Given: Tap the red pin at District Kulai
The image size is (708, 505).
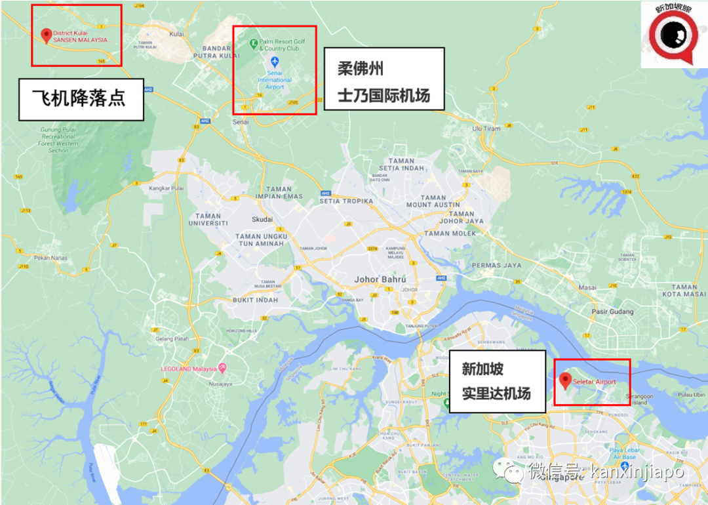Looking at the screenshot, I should (x=46, y=35).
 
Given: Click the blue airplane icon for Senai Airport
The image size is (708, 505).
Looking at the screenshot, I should (x=275, y=61).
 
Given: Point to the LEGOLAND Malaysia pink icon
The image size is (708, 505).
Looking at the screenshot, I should (x=222, y=367).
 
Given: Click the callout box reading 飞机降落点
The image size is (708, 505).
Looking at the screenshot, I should (x=81, y=99).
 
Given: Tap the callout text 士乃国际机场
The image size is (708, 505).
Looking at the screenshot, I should (x=383, y=96).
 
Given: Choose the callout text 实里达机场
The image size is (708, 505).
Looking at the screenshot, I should (x=496, y=394).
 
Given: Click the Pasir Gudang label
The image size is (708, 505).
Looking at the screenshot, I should (x=612, y=312).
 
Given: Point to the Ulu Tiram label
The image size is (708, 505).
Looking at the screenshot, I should (x=486, y=129).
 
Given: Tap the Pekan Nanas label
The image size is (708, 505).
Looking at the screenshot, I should (x=51, y=259).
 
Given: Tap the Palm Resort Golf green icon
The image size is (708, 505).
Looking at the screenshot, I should (x=253, y=43).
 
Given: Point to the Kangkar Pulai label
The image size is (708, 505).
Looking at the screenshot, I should (x=166, y=188).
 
